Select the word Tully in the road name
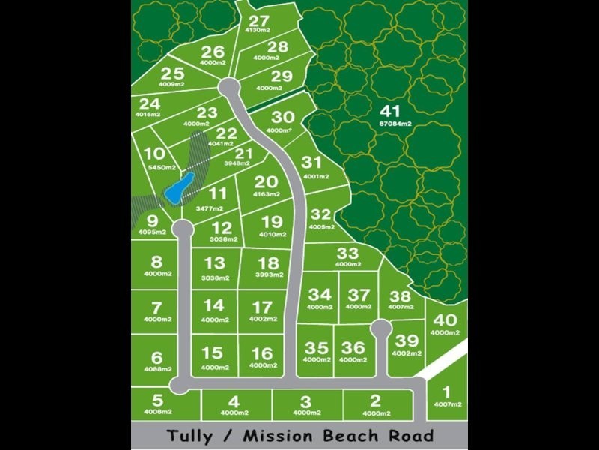189,435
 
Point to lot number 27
259,20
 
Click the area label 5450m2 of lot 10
162,167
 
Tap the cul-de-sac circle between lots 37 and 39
381,327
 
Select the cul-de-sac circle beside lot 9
180,226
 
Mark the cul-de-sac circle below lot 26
229,88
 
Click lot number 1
447,391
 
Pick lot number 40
444,320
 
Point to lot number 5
157,400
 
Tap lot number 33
347,253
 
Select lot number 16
262,353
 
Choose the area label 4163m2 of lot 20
266,194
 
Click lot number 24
150,103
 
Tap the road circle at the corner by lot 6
179,385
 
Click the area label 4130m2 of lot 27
259,31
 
